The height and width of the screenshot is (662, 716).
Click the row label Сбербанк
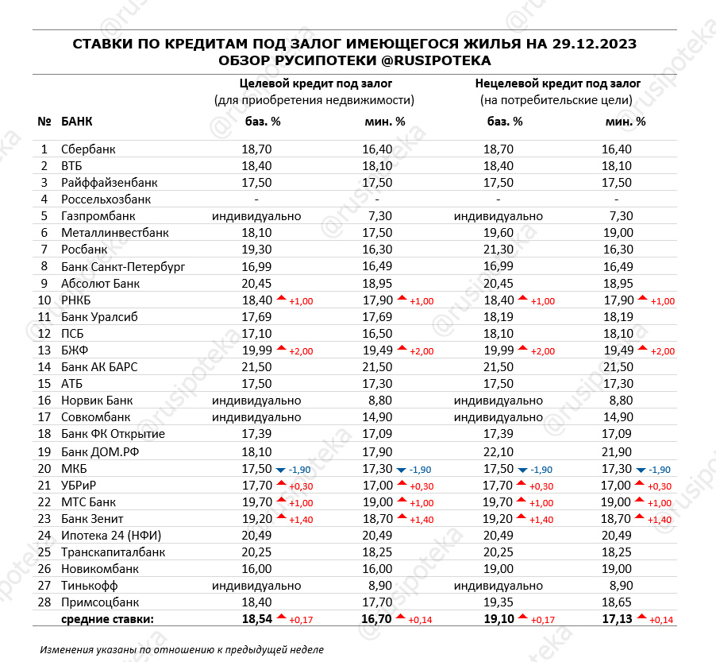pos(88,149)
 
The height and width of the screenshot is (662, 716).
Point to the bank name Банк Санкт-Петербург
pos(123,266)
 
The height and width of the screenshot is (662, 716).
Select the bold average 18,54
pos(258,619)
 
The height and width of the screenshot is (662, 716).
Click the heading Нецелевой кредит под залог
pos(557,83)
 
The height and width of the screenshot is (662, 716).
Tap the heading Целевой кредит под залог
pos(316,83)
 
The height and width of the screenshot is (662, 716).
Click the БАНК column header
pos(76,122)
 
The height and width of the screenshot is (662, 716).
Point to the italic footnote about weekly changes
pos(182,649)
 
